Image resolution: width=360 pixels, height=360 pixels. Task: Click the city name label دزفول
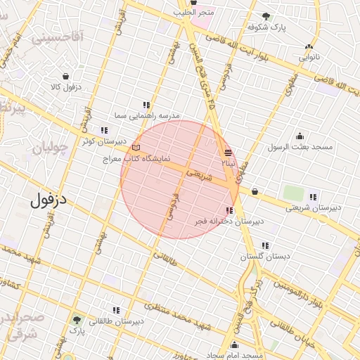(x=49, y=199)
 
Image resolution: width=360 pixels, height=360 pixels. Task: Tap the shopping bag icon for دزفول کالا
(x=65, y=77)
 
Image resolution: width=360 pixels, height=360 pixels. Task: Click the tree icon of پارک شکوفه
(x=265, y=16)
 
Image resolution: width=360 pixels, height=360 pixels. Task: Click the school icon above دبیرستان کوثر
(x=105, y=130)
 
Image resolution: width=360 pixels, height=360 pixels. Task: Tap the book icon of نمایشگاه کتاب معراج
(x=136, y=148)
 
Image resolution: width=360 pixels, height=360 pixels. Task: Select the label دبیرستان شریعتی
(x=312, y=207)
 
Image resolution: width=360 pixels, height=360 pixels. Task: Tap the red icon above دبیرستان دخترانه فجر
(x=229, y=210)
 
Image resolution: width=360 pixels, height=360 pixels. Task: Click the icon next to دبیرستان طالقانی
(x=116, y=310)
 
